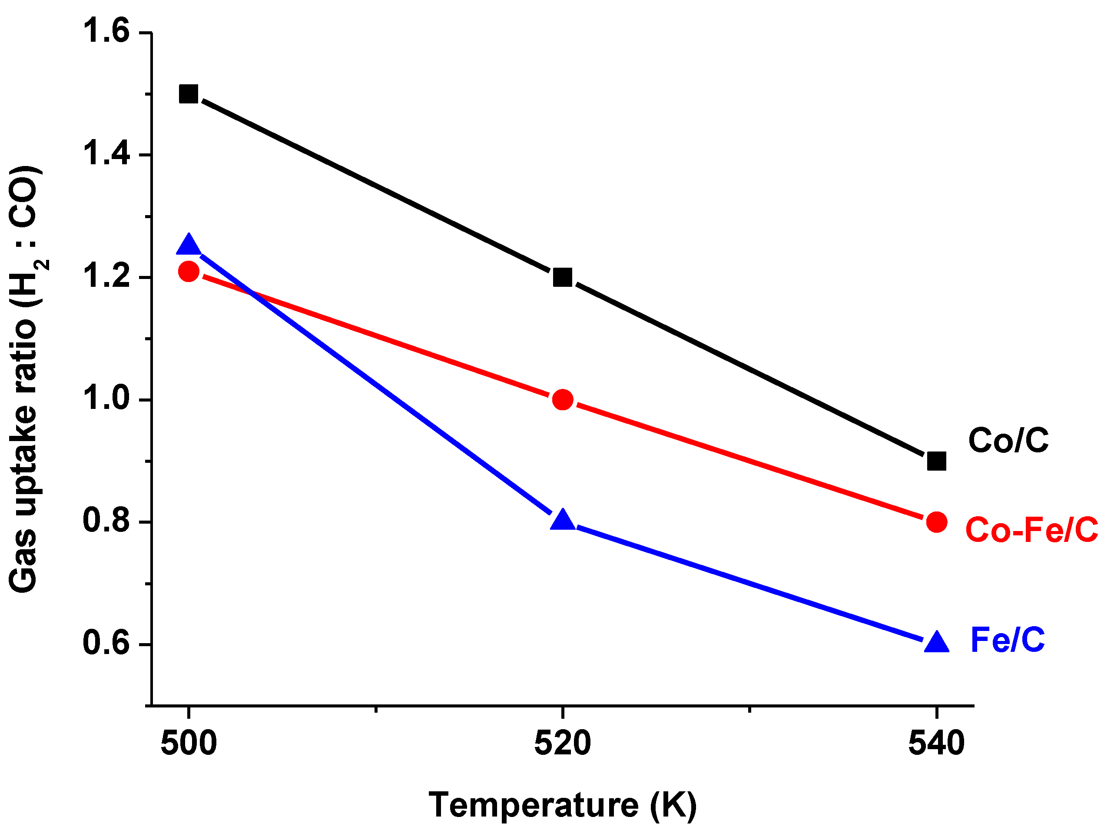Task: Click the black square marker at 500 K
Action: [x=188, y=94]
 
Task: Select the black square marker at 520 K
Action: [x=562, y=277]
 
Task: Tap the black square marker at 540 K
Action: [x=936, y=461]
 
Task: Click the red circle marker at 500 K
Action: [x=188, y=271]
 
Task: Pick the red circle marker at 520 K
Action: [x=562, y=399]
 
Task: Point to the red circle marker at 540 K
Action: [x=936, y=522]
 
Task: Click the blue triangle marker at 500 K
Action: [x=188, y=246]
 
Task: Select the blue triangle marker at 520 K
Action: [x=562, y=521]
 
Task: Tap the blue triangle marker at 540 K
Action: [x=936, y=643]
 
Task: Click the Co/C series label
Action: [x=1008, y=441]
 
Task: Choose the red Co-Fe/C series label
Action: [x=1031, y=530]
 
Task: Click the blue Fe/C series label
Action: [x=1008, y=640]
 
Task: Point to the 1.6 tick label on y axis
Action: [x=106, y=31]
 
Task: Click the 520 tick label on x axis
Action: [x=562, y=744]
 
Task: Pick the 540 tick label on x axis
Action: [x=936, y=744]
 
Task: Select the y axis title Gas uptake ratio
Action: [x=24, y=379]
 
